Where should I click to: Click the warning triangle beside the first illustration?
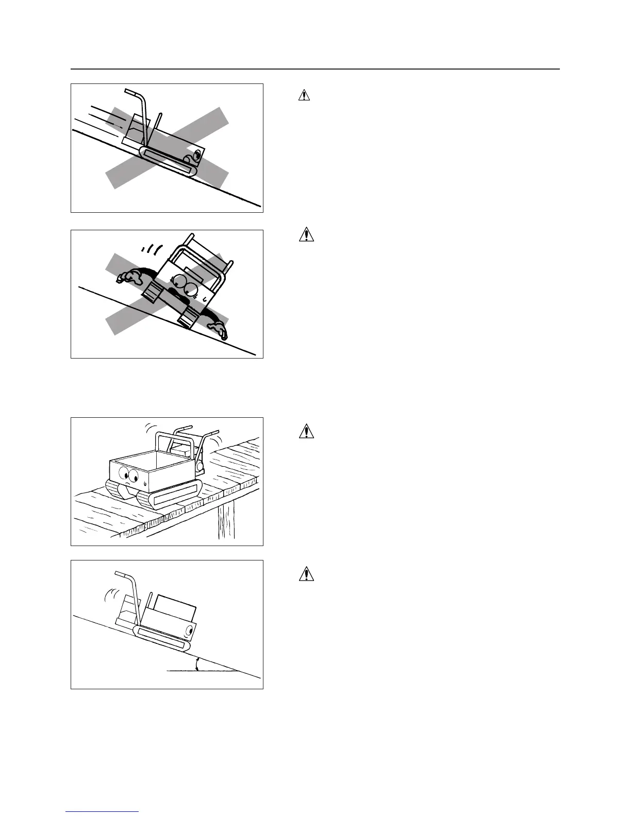[305, 95]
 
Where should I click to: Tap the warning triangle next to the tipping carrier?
[306, 235]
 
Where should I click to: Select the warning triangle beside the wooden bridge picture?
[306, 431]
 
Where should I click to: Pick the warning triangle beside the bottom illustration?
[306, 573]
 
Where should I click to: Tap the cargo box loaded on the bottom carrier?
[175, 607]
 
